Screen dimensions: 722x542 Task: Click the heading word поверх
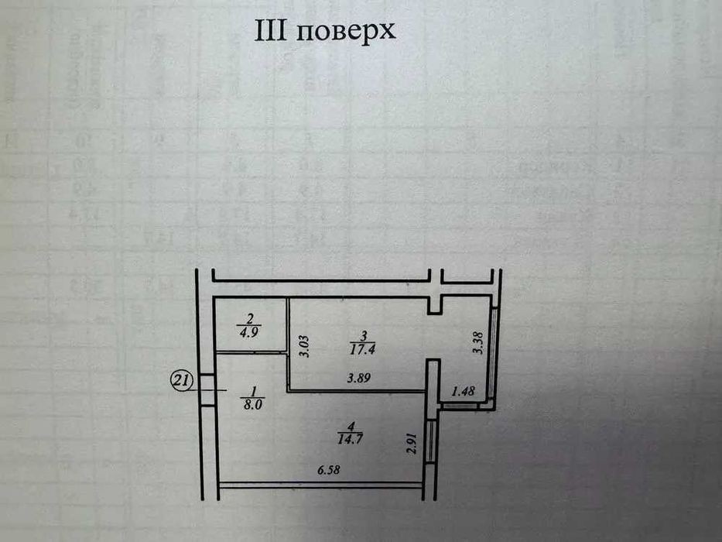click(x=346, y=32)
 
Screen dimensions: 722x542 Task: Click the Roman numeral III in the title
click(x=271, y=30)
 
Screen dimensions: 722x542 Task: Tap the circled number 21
click(x=180, y=381)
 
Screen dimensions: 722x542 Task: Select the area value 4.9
click(x=249, y=333)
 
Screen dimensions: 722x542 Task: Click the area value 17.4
click(x=363, y=349)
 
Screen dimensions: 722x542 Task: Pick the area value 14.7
click(x=350, y=439)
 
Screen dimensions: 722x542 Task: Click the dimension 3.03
click(x=304, y=347)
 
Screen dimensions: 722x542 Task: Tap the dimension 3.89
click(x=359, y=378)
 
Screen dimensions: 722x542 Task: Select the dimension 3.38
click(x=478, y=343)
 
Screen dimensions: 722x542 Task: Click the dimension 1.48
click(x=464, y=391)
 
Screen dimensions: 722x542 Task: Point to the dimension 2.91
click(x=412, y=444)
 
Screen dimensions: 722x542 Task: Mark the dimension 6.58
click(x=329, y=471)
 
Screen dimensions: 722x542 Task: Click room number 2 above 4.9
click(x=250, y=318)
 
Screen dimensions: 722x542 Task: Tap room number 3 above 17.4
click(x=363, y=335)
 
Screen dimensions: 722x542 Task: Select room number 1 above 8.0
click(x=253, y=391)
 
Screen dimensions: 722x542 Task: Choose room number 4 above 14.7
click(x=351, y=425)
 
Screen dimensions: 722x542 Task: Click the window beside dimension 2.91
click(x=431, y=440)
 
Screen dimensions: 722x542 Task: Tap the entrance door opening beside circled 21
click(x=208, y=390)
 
